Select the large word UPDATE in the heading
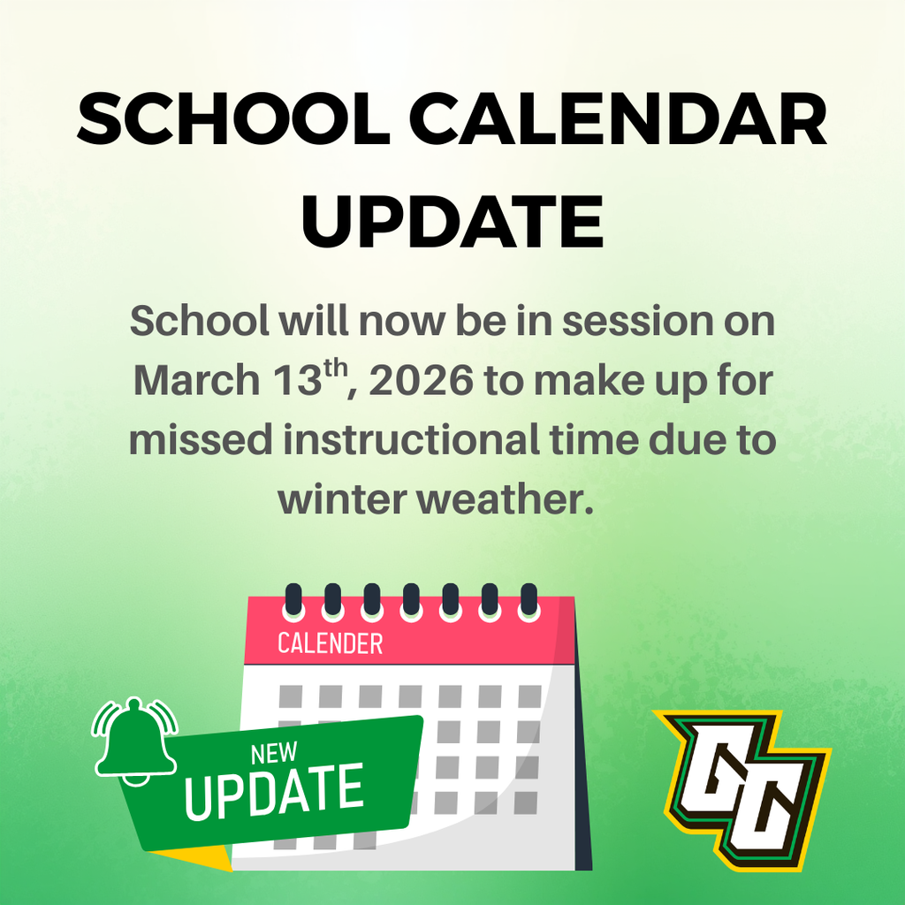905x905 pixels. (x=452, y=221)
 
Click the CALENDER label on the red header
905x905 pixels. (x=330, y=643)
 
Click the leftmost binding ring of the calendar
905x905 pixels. (x=293, y=601)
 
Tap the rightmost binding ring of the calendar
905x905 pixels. (x=529, y=601)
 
